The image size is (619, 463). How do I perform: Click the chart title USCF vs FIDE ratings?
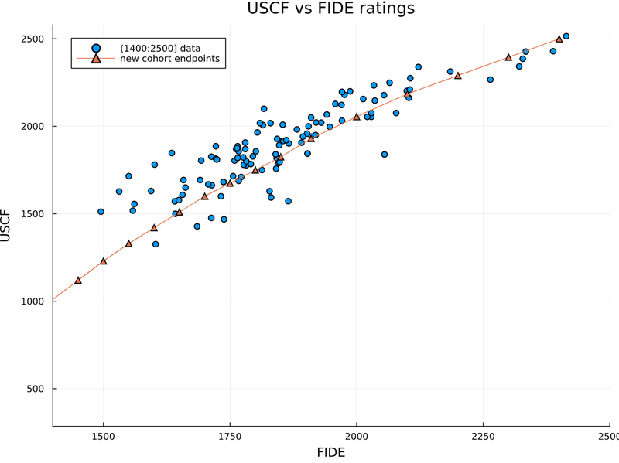(331, 9)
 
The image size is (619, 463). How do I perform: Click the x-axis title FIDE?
(331, 452)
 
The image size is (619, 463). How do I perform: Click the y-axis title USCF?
(5, 225)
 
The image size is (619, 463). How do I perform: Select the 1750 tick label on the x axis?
(230, 437)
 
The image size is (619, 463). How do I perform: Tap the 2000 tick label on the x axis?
(357, 437)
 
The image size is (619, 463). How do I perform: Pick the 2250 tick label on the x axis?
(483, 437)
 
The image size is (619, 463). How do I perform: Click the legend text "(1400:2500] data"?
(160, 48)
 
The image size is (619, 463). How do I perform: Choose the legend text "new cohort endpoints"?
(169, 59)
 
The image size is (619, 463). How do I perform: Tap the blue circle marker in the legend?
(95, 48)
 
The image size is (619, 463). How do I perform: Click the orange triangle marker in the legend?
(95, 59)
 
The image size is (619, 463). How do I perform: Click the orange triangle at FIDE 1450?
(78, 281)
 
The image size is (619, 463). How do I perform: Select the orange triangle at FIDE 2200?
(458, 76)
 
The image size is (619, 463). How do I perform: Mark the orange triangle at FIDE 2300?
(508, 57)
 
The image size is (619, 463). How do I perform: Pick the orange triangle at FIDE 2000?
(357, 117)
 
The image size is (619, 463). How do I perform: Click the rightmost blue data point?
(566, 36)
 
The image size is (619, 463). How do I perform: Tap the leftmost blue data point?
(101, 212)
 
